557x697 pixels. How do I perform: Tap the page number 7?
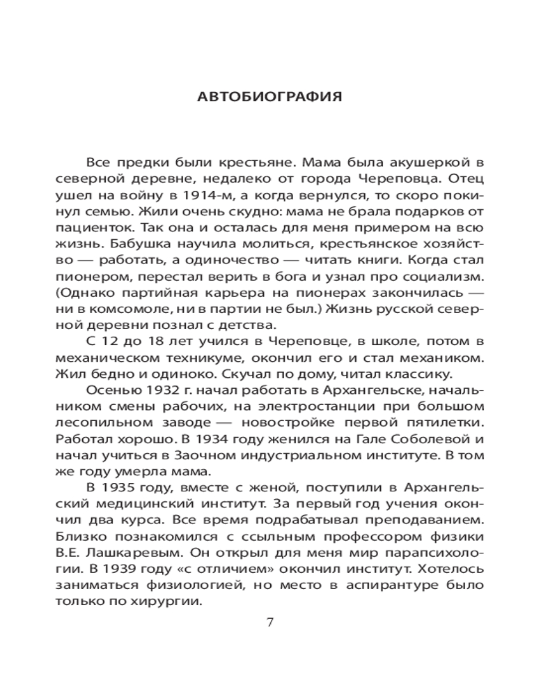[x=271, y=622]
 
